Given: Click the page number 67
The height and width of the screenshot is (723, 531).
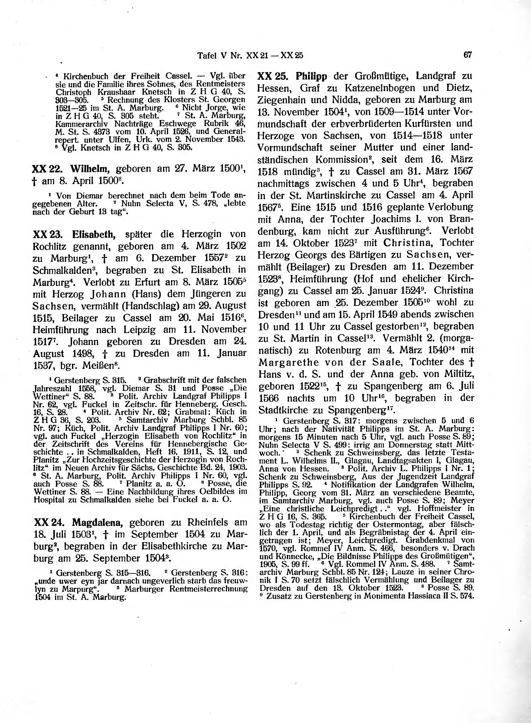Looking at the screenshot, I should click(467, 55).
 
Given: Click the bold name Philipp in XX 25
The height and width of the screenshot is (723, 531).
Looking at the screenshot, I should click(311, 76).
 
